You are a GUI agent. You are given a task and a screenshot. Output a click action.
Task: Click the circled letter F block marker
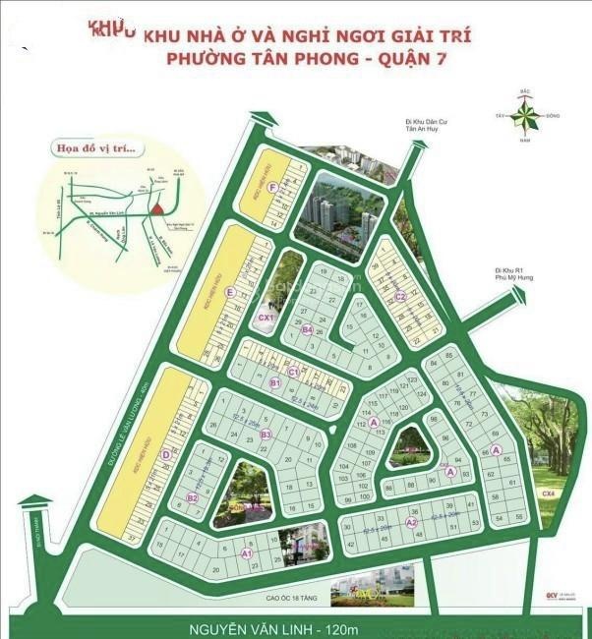click(257, 187)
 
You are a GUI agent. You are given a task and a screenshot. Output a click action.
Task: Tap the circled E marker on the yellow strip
click(229, 292)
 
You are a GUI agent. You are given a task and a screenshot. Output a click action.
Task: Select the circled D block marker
click(165, 454)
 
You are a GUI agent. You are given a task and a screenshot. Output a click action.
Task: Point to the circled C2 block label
click(400, 296)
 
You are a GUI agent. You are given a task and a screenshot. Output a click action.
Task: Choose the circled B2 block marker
click(193, 498)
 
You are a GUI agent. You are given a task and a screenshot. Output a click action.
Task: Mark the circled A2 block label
click(412, 522)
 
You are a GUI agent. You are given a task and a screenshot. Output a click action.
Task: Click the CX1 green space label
click(265, 318)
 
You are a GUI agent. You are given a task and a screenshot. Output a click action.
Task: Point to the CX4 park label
click(548, 494)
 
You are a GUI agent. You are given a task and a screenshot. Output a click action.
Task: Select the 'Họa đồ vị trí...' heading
click(99, 149)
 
